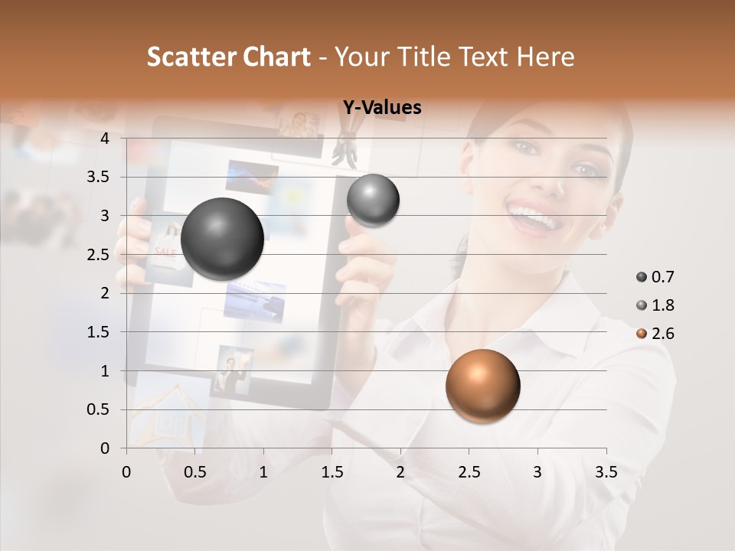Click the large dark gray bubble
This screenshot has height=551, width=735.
222,239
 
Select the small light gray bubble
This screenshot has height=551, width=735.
373,200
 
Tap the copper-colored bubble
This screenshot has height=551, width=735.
482,386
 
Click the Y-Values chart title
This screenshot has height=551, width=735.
382,108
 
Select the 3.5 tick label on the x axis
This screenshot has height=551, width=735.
606,472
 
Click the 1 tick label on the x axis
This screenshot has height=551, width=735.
263,472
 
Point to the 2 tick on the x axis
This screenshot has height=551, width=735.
400,472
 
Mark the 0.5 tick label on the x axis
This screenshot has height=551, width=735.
194,472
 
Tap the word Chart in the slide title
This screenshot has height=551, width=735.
276,57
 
